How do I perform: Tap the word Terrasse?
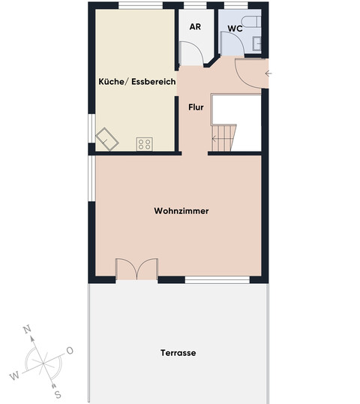coord(178,352)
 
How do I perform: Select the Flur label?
coord(196,107)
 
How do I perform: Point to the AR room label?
coord(195,27)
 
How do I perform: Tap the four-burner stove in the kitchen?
coord(144,143)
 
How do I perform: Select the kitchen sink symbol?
coord(106,137)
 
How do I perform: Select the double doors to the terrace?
coord(136,270)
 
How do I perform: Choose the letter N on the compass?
coord(27,330)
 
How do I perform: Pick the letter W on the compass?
coord(13,375)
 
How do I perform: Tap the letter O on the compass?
coord(70,350)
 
